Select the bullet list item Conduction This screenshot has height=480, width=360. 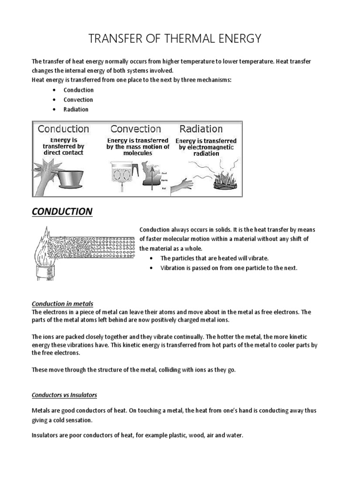coord(79,90)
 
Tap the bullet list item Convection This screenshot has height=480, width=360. coord(78,100)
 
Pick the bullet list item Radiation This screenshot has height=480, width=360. coord(76,109)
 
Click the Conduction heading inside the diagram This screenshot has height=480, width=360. coord(63,128)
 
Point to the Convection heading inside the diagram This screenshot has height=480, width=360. coord(135,128)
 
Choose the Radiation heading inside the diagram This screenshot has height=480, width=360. coord(201,128)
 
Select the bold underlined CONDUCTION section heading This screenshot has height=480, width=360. coord(62,211)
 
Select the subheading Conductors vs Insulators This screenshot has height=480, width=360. coord(64,395)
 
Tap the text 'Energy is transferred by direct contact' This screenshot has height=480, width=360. coord(63,146)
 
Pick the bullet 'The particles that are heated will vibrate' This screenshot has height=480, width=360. coord(214,258)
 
